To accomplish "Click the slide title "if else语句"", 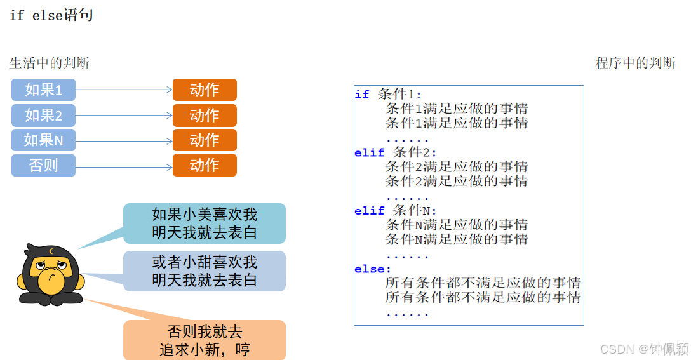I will pos(51,15).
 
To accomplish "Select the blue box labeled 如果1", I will pos(43,90).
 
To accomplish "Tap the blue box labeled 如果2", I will pos(43,115).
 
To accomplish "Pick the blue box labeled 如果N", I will pos(43,140).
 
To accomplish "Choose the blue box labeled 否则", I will pos(43,165).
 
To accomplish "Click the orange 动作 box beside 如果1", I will pos(205,90).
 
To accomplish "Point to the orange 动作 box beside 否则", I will pos(205,165).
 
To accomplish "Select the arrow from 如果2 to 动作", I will pos(124,116).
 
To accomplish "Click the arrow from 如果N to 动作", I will pos(124,141).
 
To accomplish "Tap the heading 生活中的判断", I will pos(50,63).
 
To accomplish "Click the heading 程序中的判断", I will pos(635,63).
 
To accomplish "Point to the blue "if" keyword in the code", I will pos(362,95).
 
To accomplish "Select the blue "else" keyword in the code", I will pos(370,269).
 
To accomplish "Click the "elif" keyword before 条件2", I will pos(370,152).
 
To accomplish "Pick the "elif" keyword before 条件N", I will pos(370,211).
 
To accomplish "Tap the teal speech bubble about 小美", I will pos(204,223).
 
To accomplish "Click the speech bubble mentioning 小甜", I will pos(204,271).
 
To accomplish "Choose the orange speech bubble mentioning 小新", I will pos(204,340).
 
